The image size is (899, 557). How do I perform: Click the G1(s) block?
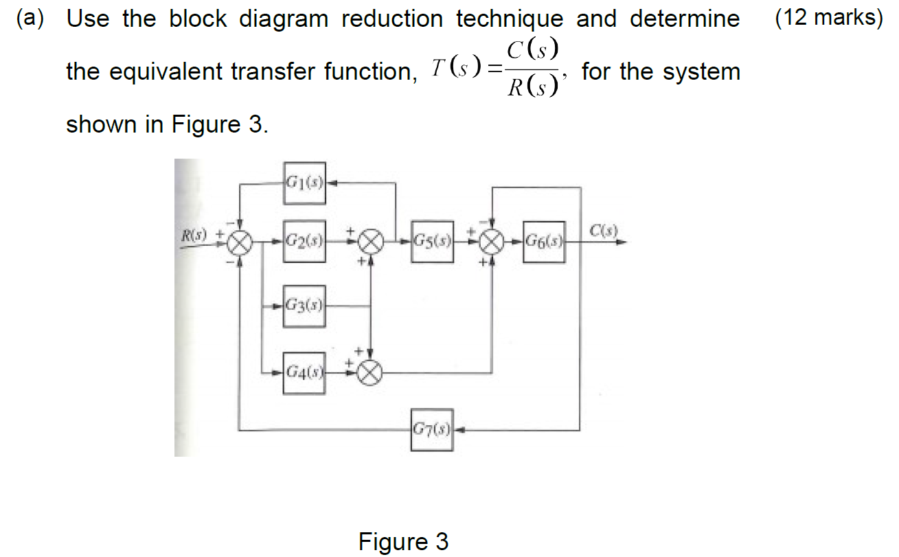(x=304, y=183)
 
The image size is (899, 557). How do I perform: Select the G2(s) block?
(x=304, y=242)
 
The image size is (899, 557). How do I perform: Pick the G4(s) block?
(x=304, y=374)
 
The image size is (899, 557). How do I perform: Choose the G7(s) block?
(x=432, y=431)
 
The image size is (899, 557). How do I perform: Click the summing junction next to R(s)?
(x=240, y=242)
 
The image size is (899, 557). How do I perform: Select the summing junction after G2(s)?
(x=372, y=242)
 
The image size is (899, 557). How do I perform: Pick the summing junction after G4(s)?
(x=371, y=374)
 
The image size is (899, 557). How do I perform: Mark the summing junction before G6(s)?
(x=492, y=242)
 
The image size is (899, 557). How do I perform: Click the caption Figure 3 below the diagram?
(x=403, y=542)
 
